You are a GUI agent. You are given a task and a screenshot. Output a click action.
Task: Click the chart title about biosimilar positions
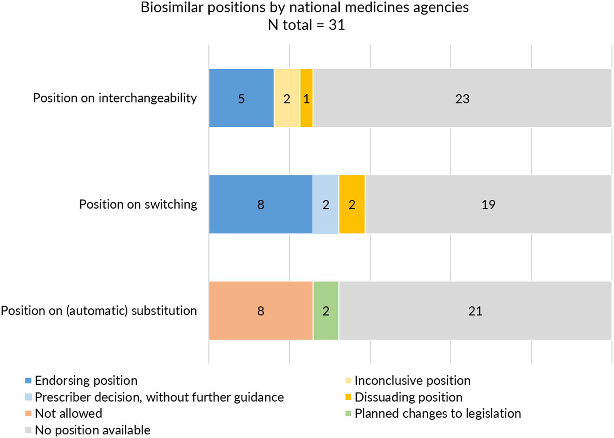pyautogui.click(x=304, y=8)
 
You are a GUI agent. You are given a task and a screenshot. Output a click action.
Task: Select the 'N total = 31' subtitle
pyautogui.click(x=306, y=25)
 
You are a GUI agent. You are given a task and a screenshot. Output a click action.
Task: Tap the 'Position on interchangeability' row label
pyautogui.click(x=115, y=98)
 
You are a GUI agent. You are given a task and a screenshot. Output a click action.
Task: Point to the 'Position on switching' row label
pyautogui.click(x=138, y=204)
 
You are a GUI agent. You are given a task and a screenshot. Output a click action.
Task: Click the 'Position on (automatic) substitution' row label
pyautogui.click(x=99, y=311)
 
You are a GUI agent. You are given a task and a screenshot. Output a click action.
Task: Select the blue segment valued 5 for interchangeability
pyautogui.click(x=241, y=98)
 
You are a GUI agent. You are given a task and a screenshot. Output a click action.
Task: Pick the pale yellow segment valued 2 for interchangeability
pyautogui.click(x=287, y=98)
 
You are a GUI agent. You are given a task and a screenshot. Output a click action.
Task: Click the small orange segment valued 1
pyautogui.click(x=306, y=98)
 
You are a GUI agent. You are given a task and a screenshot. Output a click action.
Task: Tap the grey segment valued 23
pyautogui.click(x=462, y=98)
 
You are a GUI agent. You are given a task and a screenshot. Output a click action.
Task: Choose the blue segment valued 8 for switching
pyautogui.click(x=260, y=204)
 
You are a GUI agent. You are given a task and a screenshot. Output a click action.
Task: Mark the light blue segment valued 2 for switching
pyautogui.click(x=326, y=204)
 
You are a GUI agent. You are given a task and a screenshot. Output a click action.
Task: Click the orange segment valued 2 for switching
pyautogui.click(x=352, y=204)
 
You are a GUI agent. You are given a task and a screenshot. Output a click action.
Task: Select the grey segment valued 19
pyautogui.click(x=488, y=204)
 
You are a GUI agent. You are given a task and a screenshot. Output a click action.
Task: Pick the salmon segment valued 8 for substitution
pyautogui.click(x=260, y=311)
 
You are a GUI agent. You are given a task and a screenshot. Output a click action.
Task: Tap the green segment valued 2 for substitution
pyautogui.click(x=326, y=311)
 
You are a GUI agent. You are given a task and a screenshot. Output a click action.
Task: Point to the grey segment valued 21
pyautogui.click(x=475, y=311)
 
